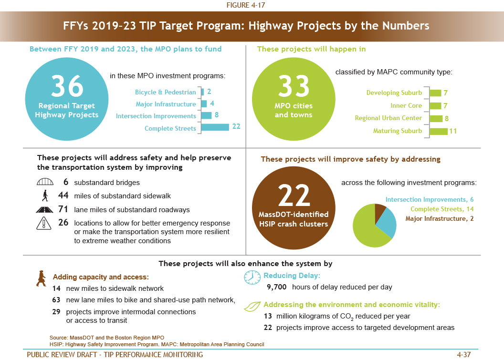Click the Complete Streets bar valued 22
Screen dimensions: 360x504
[x=215, y=127]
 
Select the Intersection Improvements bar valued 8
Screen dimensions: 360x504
[x=206, y=115]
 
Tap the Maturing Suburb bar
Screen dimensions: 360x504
[x=438, y=131]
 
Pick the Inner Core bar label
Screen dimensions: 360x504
[x=406, y=105]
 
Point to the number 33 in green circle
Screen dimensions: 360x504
[x=294, y=86]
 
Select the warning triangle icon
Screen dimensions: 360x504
[x=43, y=223]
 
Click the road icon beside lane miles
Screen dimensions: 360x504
[x=43, y=209]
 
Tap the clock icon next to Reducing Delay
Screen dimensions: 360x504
[x=252, y=278]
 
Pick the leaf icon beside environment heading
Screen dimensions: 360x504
[x=252, y=306]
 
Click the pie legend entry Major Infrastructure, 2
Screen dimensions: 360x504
[x=439, y=218]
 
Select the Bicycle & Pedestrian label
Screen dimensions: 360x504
[x=165, y=92]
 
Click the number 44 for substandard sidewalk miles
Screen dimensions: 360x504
[x=63, y=195]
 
